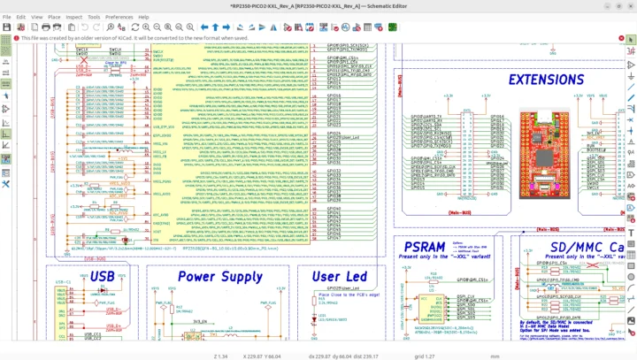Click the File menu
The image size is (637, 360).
[7, 17]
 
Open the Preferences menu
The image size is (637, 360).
[119, 17]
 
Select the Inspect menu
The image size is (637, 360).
[73, 17]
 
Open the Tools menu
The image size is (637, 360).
[93, 17]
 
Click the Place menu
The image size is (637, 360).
[54, 17]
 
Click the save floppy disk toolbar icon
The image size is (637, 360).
[7, 27]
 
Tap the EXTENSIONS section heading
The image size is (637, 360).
[545, 80]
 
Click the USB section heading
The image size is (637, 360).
[103, 277]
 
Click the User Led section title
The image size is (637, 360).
[340, 277]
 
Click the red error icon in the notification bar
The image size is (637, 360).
[15, 39]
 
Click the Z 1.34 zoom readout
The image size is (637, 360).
[221, 356]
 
